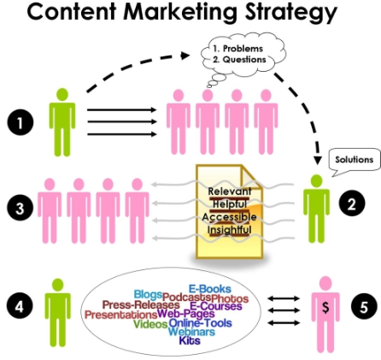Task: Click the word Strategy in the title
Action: (x=291, y=13)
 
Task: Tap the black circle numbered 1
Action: (x=21, y=123)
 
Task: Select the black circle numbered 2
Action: (x=352, y=204)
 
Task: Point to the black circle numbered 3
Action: (x=20, y=208)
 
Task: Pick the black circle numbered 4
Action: (x=20, y=306)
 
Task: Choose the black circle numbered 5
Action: (x=364, y=307)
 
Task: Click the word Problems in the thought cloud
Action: (x=243, y=49)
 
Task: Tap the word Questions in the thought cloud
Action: (x=244, y=59)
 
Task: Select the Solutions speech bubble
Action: (x=355, y=162)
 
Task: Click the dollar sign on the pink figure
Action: (x=325, y=308)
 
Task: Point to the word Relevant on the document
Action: (x=230, y=192)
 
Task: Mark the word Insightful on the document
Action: (x=229, y=230)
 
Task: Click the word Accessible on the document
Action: (x=229, y=217)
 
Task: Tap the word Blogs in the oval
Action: (x=148, y=294)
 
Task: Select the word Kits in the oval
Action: (x=190, y=340)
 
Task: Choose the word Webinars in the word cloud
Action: (x=191, y=332)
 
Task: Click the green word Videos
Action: (x=150, y=324)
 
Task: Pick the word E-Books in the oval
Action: (x=210, y=289)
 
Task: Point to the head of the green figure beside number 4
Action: (x=58, y=285)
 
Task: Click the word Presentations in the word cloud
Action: (x=121, y=315)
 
